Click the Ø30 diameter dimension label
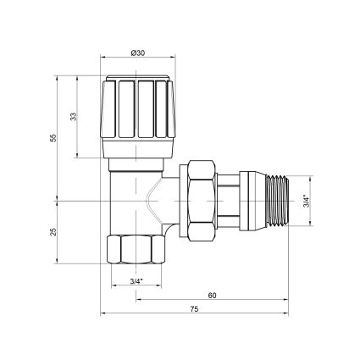[x=138, y=53]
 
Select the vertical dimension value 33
[x=74, y=116]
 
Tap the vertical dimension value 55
[x=53, y=138]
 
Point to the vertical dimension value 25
[x=53, y=232]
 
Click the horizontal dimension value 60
[x=212, y=296]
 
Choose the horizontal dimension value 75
[x=194, y=309]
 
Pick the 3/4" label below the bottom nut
[x=136, y=281]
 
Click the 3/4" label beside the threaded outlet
[x=307, y=201]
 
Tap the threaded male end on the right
[x=277, y=201]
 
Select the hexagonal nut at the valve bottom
[x=136, y=249]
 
